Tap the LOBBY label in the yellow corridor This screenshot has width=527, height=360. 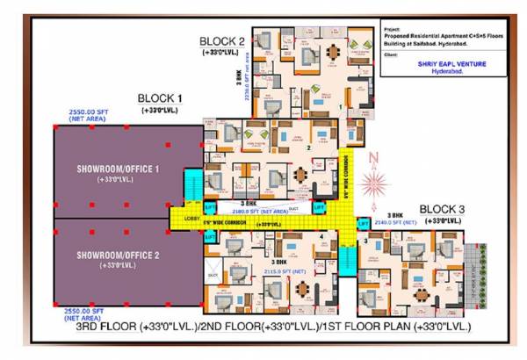point(191,217)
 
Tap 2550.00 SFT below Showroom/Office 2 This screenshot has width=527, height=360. point(83,313)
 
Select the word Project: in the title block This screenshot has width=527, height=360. point(392,28)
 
